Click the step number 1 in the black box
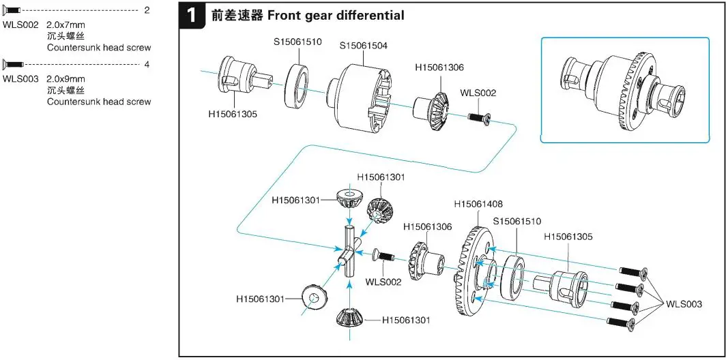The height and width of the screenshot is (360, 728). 193,15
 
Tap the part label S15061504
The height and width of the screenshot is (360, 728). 364,46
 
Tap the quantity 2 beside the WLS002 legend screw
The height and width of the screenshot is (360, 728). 147,11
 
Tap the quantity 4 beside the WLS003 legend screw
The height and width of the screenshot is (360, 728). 147,64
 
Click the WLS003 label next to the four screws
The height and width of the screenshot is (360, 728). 684,304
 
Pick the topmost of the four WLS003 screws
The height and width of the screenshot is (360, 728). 632,272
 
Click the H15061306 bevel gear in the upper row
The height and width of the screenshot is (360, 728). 432,106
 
